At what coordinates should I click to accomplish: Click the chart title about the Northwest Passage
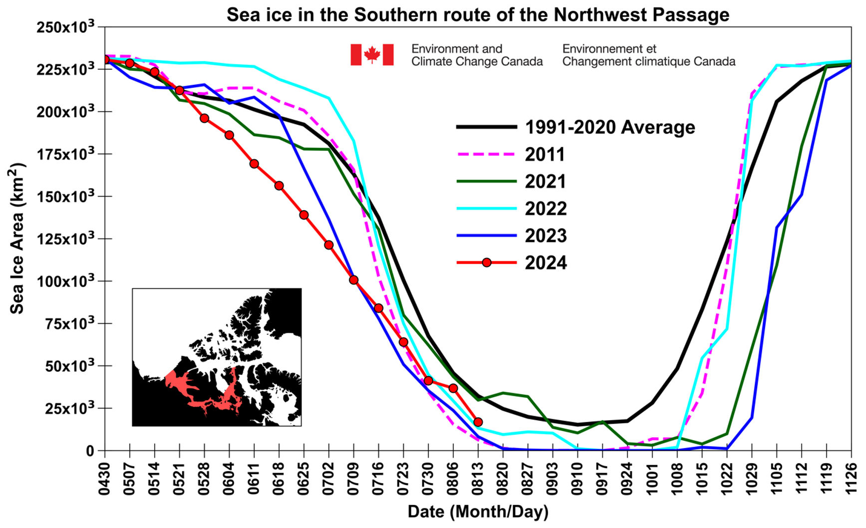pyautogui.click(x=478, y=14)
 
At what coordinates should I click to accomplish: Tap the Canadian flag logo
pyautogui.click(x=372, y=54)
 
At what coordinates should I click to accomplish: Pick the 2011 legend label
pyautogui.click(x=545, y=155)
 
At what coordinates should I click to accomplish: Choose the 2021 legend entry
pyautogui.click(x=545, y=182)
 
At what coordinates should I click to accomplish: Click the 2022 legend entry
pyautogui.click(x=545, y=209)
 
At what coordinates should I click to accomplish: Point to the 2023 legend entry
pyautogui.click(x=545, y=236)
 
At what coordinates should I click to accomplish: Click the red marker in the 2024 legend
pyautogui.click(x=487, y=263)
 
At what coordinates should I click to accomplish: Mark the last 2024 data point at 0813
pyautogui.click(x=478, y=422)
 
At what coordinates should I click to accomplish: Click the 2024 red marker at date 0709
pyautogui.click(x=353, y=280)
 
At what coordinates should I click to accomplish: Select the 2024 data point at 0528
pyautogui.click(x=204, y=118)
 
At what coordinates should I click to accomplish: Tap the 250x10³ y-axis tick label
pyautogui.click(x=65, y=27)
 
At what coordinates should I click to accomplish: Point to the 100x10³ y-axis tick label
pyautogui.click(x=65, y=281)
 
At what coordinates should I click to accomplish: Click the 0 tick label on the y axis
pyautogui.click(x=90, y=451)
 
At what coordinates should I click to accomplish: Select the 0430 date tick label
pyautogui.click(x=104, y=479)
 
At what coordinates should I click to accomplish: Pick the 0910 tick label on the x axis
pyautogui.click(x=577, y=479)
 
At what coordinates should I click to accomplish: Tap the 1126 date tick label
pyautogui.click(x=851, y=479)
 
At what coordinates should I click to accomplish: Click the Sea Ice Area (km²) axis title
pyautogui.click(x=17, y=239)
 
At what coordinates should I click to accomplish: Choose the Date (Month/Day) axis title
pyautogui.click(x=478, y=512)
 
